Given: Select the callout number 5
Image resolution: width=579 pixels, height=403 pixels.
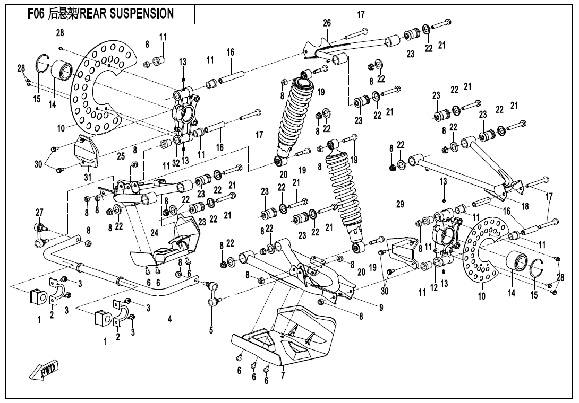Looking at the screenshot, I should [x=211, y=330].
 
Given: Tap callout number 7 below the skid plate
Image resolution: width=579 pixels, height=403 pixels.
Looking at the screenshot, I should [x=283, y=376].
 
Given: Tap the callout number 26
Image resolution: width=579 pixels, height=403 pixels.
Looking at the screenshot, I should [x=327, y=23].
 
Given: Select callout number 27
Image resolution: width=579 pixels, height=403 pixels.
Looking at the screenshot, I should [x=39, y=213].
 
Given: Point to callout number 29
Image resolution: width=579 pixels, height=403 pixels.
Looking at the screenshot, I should [x=400, y=204].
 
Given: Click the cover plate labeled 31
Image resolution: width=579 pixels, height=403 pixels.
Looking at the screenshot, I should [x=88, y=151].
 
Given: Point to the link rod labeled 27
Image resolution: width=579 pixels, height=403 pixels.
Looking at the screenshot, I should [x=40, y=235].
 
